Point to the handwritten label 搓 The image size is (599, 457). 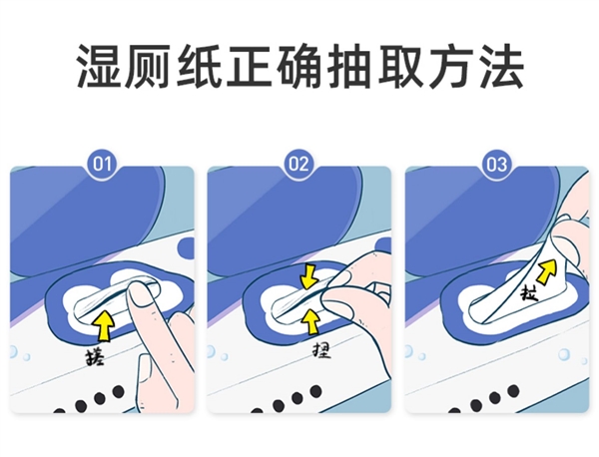pyautogui.click(x=94, y=353)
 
